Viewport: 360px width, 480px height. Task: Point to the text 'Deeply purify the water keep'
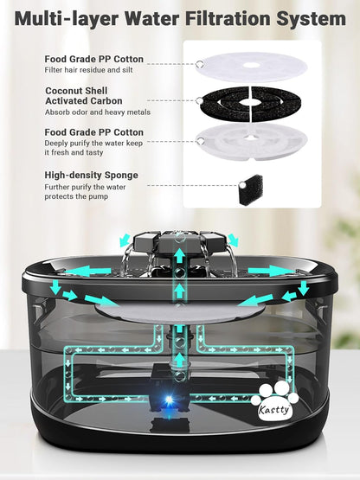pos(93,144)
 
